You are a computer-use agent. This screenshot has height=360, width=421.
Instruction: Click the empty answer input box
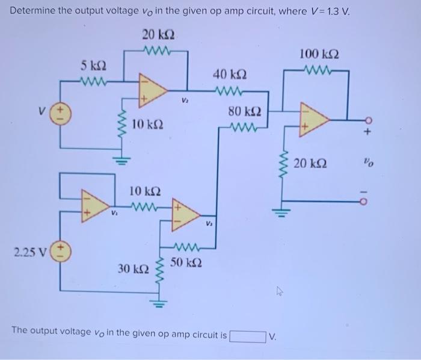pos(247,335)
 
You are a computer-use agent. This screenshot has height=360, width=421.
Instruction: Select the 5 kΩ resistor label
pos(95,65)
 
